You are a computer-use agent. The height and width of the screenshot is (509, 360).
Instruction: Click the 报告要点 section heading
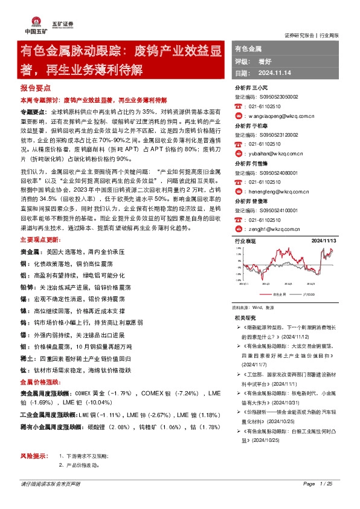34,88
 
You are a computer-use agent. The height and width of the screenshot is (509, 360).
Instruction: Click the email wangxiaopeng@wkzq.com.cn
277,114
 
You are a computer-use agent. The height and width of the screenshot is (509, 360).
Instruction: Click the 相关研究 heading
245,317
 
